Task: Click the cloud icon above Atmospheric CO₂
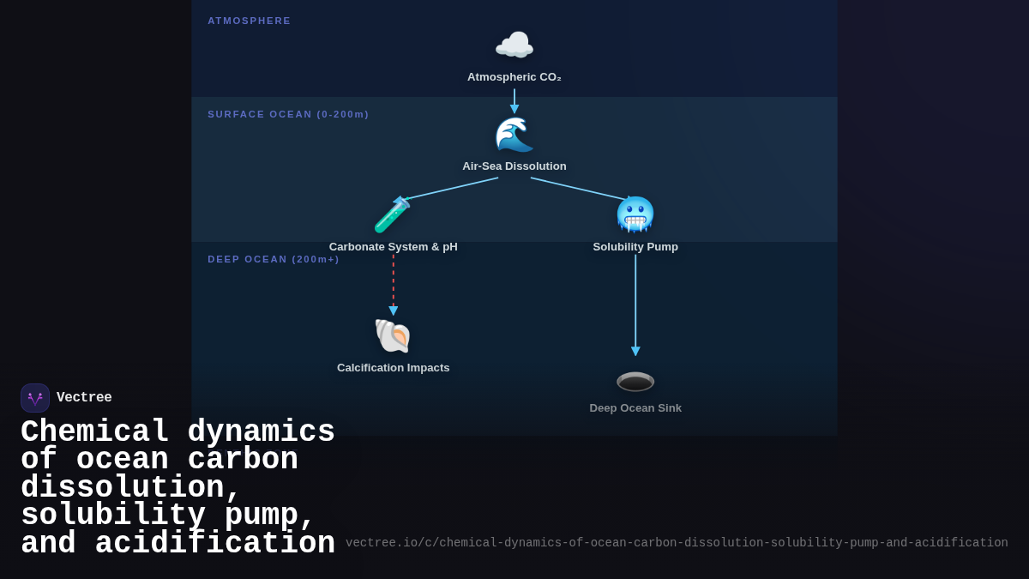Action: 514,45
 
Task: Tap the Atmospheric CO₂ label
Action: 514,77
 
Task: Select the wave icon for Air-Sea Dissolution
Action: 514,135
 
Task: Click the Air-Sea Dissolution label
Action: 514,166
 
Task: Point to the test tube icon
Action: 393,215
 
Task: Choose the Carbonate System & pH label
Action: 393,247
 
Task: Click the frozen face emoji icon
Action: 635,214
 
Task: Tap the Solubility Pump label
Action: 635,247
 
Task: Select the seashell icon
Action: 393,336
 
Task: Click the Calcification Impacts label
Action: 393,368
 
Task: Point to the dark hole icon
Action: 635,382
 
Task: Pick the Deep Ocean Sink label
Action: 635,408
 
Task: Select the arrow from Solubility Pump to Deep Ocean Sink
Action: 635,305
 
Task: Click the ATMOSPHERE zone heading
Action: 250,21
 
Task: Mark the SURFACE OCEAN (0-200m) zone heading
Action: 288,114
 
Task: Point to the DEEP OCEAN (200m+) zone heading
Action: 274,259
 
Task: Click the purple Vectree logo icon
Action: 35,398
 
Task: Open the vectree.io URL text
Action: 677,543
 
